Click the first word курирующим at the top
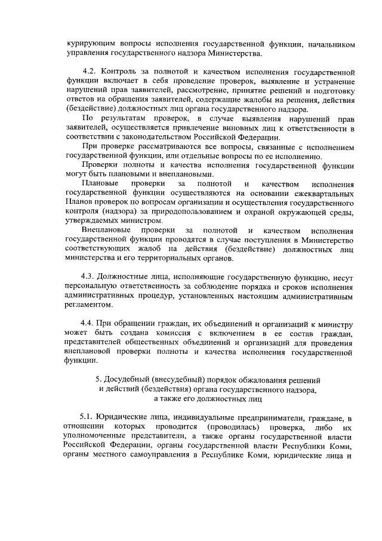tap(89, 44)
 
